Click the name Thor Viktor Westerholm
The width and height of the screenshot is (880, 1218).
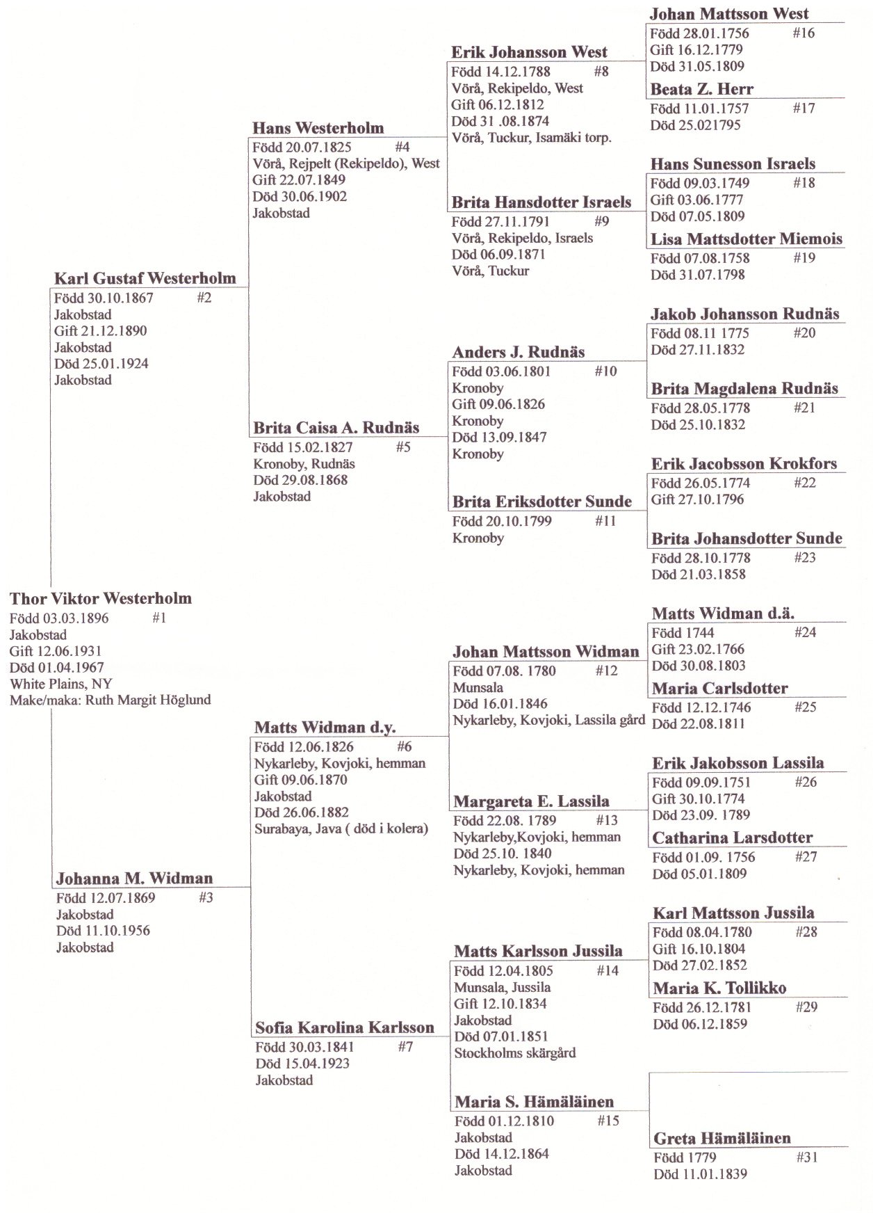click(x=100, y=599)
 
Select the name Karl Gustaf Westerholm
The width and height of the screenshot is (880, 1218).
click(x=145, y=279)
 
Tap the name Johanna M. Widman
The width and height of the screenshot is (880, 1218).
click(x=134, y=879)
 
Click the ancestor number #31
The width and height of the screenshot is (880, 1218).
click(x=806, y=1157)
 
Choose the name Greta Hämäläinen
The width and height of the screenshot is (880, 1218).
click(x=722, y=1139)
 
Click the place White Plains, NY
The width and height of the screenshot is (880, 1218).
click(x=60, y=684)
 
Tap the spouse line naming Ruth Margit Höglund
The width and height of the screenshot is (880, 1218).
click(x=110, y=700)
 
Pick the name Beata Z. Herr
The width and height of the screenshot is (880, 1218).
click(x=701, y=90)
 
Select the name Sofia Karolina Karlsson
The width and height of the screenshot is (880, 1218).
click(x=344, y=1028)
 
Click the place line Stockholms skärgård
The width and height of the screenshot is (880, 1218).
click(x=514, y=1053)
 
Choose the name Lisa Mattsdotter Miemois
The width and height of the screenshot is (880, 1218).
click(x=746, y=239)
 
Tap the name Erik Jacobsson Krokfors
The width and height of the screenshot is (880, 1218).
click(x=744, y=464)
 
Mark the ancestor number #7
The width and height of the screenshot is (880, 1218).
click(x=405, y=1046)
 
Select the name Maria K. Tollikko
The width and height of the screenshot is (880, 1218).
click(x=719, y=988)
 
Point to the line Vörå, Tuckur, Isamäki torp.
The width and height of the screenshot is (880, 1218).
click(x=531, y=138)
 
